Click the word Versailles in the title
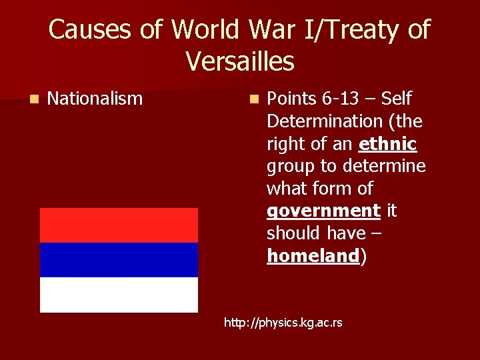point(239,61)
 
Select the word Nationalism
point(95,99)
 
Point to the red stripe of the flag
point(119,225)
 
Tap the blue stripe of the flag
point(119,259)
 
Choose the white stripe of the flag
point(119,294)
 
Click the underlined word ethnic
point(387,143)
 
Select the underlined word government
point(323,211)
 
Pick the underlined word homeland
point(313,256)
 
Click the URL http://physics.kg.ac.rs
point(283,323)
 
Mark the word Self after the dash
point(397,99)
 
